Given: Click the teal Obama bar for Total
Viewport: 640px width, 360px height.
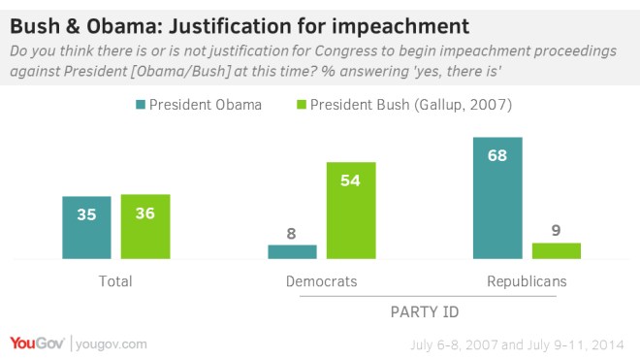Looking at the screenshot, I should (x=86, y=228).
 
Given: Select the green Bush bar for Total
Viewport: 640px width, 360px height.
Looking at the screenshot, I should (x=145, y=227).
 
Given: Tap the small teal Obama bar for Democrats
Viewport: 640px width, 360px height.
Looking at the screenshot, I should (x=292, y=252).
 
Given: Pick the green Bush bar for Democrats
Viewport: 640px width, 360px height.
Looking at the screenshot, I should (x=350, y=211).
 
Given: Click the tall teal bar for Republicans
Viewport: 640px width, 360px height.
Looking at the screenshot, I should (x=497, y=198).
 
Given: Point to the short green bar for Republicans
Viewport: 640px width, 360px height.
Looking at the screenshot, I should (x=557, y=250).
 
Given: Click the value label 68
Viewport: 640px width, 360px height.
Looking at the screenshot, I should (x=497, y=153).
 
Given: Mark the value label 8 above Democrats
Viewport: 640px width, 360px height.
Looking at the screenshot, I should (x=292, y=234).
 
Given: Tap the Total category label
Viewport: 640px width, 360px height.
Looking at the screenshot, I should (x=115, y=281).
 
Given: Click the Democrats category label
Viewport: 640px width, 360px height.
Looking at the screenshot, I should (x=321, y=281).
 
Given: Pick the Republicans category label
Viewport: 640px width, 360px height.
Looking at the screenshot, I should (x=528, y=281).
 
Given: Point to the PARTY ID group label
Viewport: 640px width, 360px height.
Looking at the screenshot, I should (x=423, y=312).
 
